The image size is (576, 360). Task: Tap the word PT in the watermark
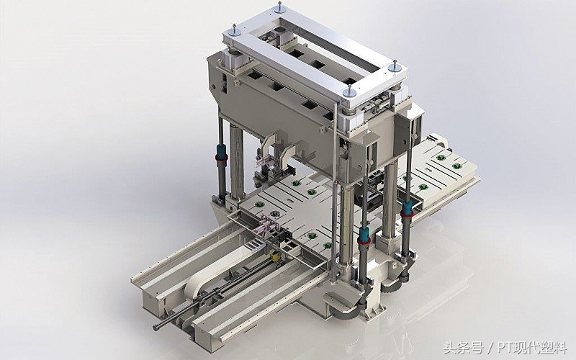point(505,348)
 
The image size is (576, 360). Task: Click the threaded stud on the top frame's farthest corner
point(281,7)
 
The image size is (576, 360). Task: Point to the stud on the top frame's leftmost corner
point(234,30)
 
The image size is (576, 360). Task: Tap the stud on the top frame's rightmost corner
point(395,66)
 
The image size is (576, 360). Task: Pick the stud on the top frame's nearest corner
point(349,91)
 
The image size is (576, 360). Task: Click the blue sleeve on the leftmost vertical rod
point(222,150)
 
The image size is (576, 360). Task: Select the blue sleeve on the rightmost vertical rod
point(406,207)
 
